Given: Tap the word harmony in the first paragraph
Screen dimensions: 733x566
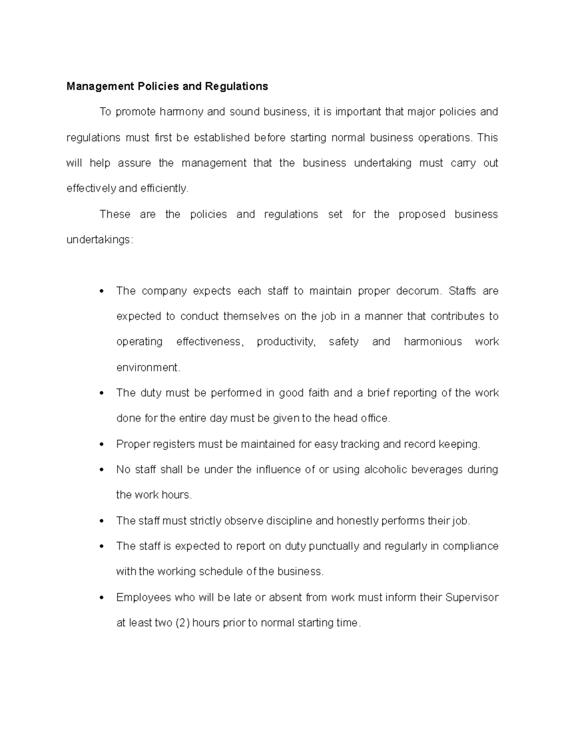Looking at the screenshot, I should tap(182, 112).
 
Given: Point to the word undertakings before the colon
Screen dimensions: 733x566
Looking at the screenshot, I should tap(98, 240).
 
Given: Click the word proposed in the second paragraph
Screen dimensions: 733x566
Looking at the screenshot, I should tap(422, 214).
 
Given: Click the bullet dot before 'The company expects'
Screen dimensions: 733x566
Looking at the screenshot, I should tap(102, 291).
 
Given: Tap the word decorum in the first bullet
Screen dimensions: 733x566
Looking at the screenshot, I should tap(417, 291).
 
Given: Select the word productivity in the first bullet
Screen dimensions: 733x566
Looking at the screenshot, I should tap(285, 342).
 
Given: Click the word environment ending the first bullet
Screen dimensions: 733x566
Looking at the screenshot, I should tap(147, 368).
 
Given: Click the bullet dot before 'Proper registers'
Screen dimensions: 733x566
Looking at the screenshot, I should tap(102, 445).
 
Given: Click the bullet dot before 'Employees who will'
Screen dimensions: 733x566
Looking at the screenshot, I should tap(102, 598).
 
